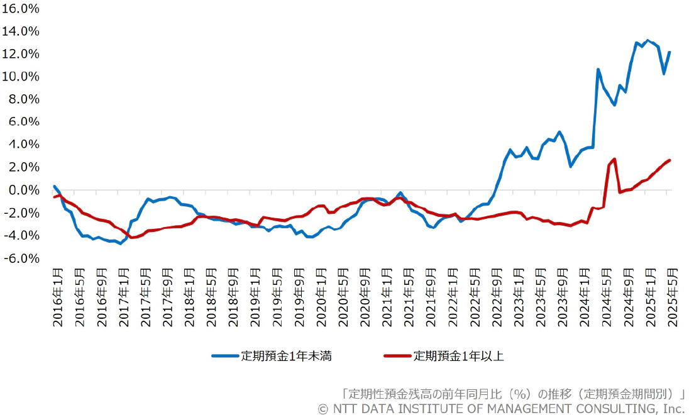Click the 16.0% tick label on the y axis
tap(22, 9)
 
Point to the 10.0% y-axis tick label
tap(22, 77)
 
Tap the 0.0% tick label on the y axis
tap(24, 191)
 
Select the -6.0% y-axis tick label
tap(22, 258)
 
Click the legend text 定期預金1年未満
tap(286, 356)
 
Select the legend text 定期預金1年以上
tap(458, 356)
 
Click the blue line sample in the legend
tap(226, 356)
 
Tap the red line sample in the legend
tap(398, 356)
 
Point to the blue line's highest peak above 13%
tap(648, 40)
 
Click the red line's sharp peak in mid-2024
tap(614, 159)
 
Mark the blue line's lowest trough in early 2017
tap(121, 243)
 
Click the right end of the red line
tap(669, 160)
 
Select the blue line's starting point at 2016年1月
tap(55, 186)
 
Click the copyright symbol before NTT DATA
tap(323, 409)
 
